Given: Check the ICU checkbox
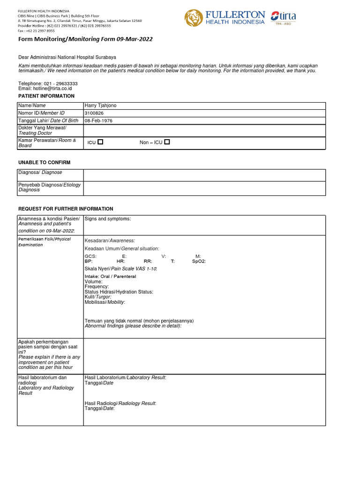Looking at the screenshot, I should [100, 142].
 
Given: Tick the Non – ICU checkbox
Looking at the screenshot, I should [167, 142].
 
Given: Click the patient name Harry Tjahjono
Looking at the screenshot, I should [100, 105].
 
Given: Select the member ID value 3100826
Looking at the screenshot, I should [94, 113].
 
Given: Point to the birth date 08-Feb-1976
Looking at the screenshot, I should [98, 120].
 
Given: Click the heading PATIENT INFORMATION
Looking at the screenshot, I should [46, 96].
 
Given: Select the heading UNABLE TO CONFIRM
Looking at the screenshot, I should [44, 162].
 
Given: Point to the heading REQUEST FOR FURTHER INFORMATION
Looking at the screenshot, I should [66, 209].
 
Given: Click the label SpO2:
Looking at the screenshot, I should [199, 261].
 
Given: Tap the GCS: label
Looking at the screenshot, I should [90, 256].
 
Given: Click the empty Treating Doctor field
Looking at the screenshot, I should [204, 130].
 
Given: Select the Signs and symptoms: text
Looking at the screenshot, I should [108, 219].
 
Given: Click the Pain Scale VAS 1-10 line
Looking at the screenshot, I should [120, 268].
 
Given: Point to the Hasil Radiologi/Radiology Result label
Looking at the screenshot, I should [120, 403].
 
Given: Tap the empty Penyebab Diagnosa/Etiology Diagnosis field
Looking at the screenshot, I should [204, 188].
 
